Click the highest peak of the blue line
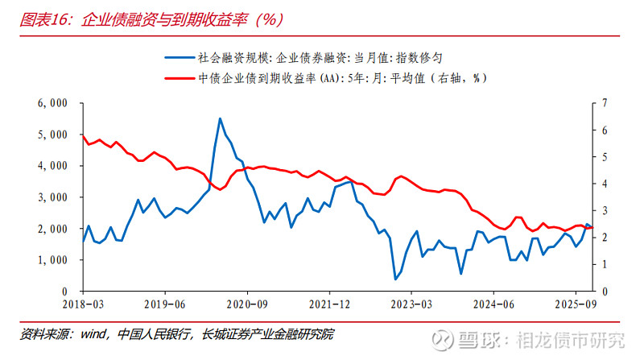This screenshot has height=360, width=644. point(220,119)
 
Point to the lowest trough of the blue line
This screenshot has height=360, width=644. point(395,279)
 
